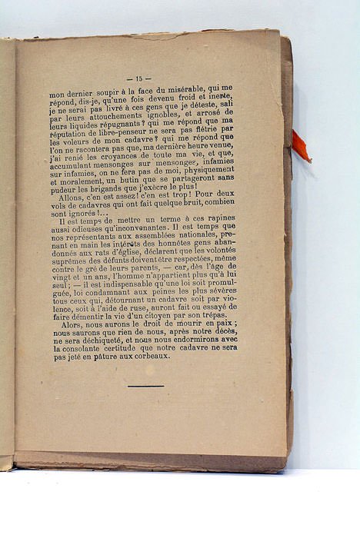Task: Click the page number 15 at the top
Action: (x=142, y=78)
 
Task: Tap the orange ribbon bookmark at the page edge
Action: (x=300, y=145)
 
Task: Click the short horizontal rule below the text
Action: (x=145, y=386)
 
